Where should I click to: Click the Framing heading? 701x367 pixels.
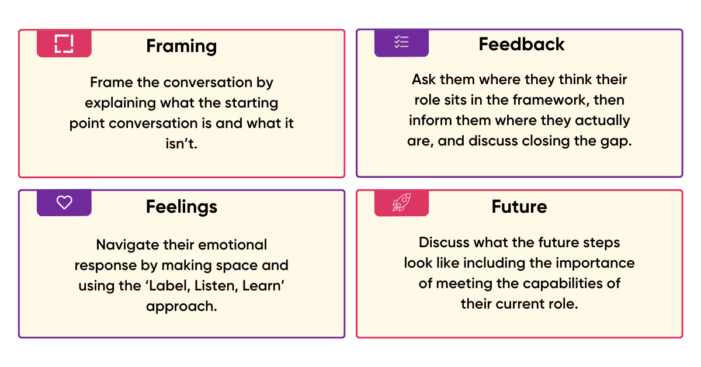(x=181, y=46)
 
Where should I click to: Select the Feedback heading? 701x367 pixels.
(x=522, y=44)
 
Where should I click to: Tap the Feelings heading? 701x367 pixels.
(x=181, y=206)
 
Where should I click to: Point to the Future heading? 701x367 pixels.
(x=519, y=206)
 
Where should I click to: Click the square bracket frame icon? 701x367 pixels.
(x=64, y=44)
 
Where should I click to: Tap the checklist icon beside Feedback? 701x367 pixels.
(x=401, y=42)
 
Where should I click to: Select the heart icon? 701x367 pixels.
(x=64, y=203)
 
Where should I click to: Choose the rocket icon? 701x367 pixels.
(x=401, y=203)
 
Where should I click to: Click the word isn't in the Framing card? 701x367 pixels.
(x=182, y=144)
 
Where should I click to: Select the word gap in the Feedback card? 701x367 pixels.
(x=619, y=141)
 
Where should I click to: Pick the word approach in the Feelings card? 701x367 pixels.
(x=182, y=306)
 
